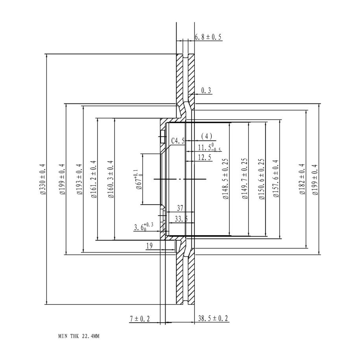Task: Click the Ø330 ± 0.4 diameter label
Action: point(43,179)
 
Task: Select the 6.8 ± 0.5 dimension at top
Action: point(208,37)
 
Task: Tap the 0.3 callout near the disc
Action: point(206,90)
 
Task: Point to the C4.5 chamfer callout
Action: point(178,141)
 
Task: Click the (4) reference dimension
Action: point(207,136)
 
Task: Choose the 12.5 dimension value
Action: point(205,157)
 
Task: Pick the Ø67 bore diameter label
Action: point(139,179)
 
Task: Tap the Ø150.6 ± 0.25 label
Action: point(262,179)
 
